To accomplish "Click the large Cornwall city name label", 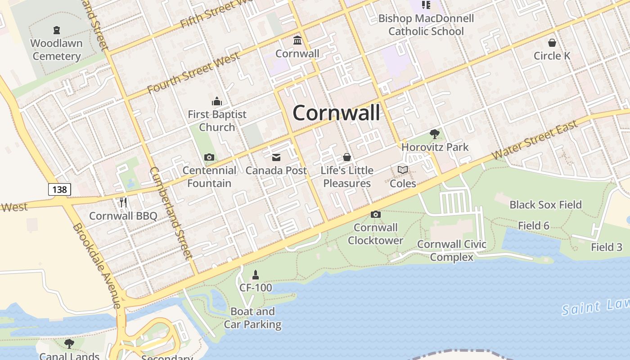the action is [336, 112].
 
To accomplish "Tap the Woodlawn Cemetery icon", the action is [57, 31].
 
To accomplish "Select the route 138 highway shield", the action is [59, 189].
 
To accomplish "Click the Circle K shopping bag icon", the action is [552, 43].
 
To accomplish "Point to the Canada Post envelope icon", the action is [276, 157].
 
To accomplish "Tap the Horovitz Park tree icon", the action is [435, 134].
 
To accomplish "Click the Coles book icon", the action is [403, 170].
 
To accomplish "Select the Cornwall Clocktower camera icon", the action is [376, 215].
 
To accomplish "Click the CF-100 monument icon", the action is [256, 274].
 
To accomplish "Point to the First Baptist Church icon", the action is [217, 101].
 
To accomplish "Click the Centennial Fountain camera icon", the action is [209, 157].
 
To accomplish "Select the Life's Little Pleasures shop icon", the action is [347, 157].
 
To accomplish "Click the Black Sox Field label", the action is [545, 205].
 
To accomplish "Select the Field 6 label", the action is [533, 225].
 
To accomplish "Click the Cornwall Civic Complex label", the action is [452, 251].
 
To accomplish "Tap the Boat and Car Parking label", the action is [252, 318].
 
